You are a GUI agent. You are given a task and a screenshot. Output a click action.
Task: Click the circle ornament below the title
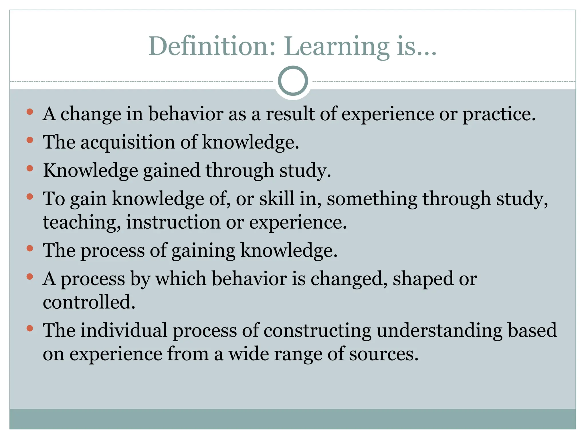(293, 81)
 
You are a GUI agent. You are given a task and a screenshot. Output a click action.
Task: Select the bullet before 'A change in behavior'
(30, 112)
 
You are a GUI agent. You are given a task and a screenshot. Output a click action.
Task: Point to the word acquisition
(127, 143)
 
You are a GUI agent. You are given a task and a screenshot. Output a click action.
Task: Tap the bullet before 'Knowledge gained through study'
(30, 168)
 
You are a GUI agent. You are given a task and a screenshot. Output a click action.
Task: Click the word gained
(171, 171)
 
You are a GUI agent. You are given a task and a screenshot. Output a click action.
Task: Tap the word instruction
(173, 222)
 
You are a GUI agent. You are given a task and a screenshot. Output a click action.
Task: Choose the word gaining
(203, 251)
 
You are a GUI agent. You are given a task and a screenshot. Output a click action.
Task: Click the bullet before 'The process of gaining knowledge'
(30, 248)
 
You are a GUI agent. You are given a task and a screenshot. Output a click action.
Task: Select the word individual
(124, 330)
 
